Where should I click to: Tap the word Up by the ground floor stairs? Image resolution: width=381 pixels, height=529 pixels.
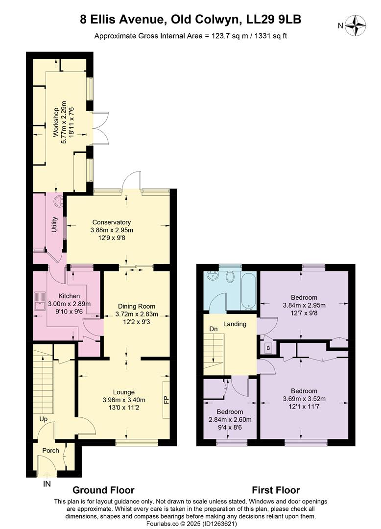point(44,419)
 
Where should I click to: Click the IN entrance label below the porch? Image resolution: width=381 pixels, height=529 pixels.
point(47,484)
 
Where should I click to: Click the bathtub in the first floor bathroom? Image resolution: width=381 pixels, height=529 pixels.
point(248,290)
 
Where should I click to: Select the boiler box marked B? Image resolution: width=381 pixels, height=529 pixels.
point(268,348)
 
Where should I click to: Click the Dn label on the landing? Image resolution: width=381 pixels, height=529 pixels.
point(214,329)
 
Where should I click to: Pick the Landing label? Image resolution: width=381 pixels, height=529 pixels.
point(235,324)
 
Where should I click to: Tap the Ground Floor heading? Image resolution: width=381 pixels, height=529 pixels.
point(103,490)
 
